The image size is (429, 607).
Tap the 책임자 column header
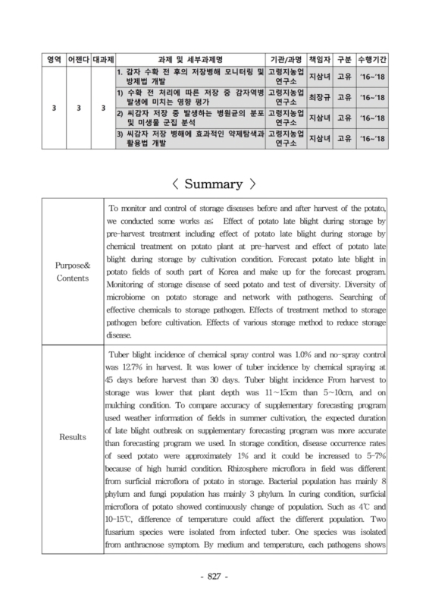point(316,58)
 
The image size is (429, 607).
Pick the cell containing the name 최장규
point(316,98)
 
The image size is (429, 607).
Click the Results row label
point(70,437)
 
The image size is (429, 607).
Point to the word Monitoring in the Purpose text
point(133,285)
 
